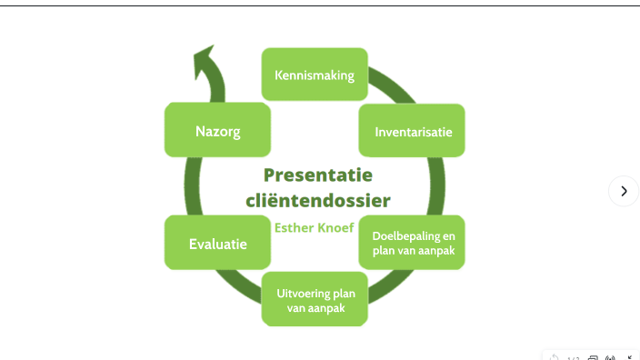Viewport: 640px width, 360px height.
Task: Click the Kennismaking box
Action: (x=315, y=74)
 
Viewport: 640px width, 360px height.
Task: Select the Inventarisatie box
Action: (x=412, y=131)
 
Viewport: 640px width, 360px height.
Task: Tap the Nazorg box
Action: (x=217, y=130)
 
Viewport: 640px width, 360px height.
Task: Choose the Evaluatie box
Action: (x=217, y=243)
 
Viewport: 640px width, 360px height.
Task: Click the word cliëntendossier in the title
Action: (x=318, y=201)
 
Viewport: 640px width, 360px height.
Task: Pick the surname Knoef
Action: (x=336, y=227)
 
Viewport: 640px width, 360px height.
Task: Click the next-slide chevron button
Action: (x=624, y=191)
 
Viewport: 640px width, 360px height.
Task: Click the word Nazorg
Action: (x=217, y=131)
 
